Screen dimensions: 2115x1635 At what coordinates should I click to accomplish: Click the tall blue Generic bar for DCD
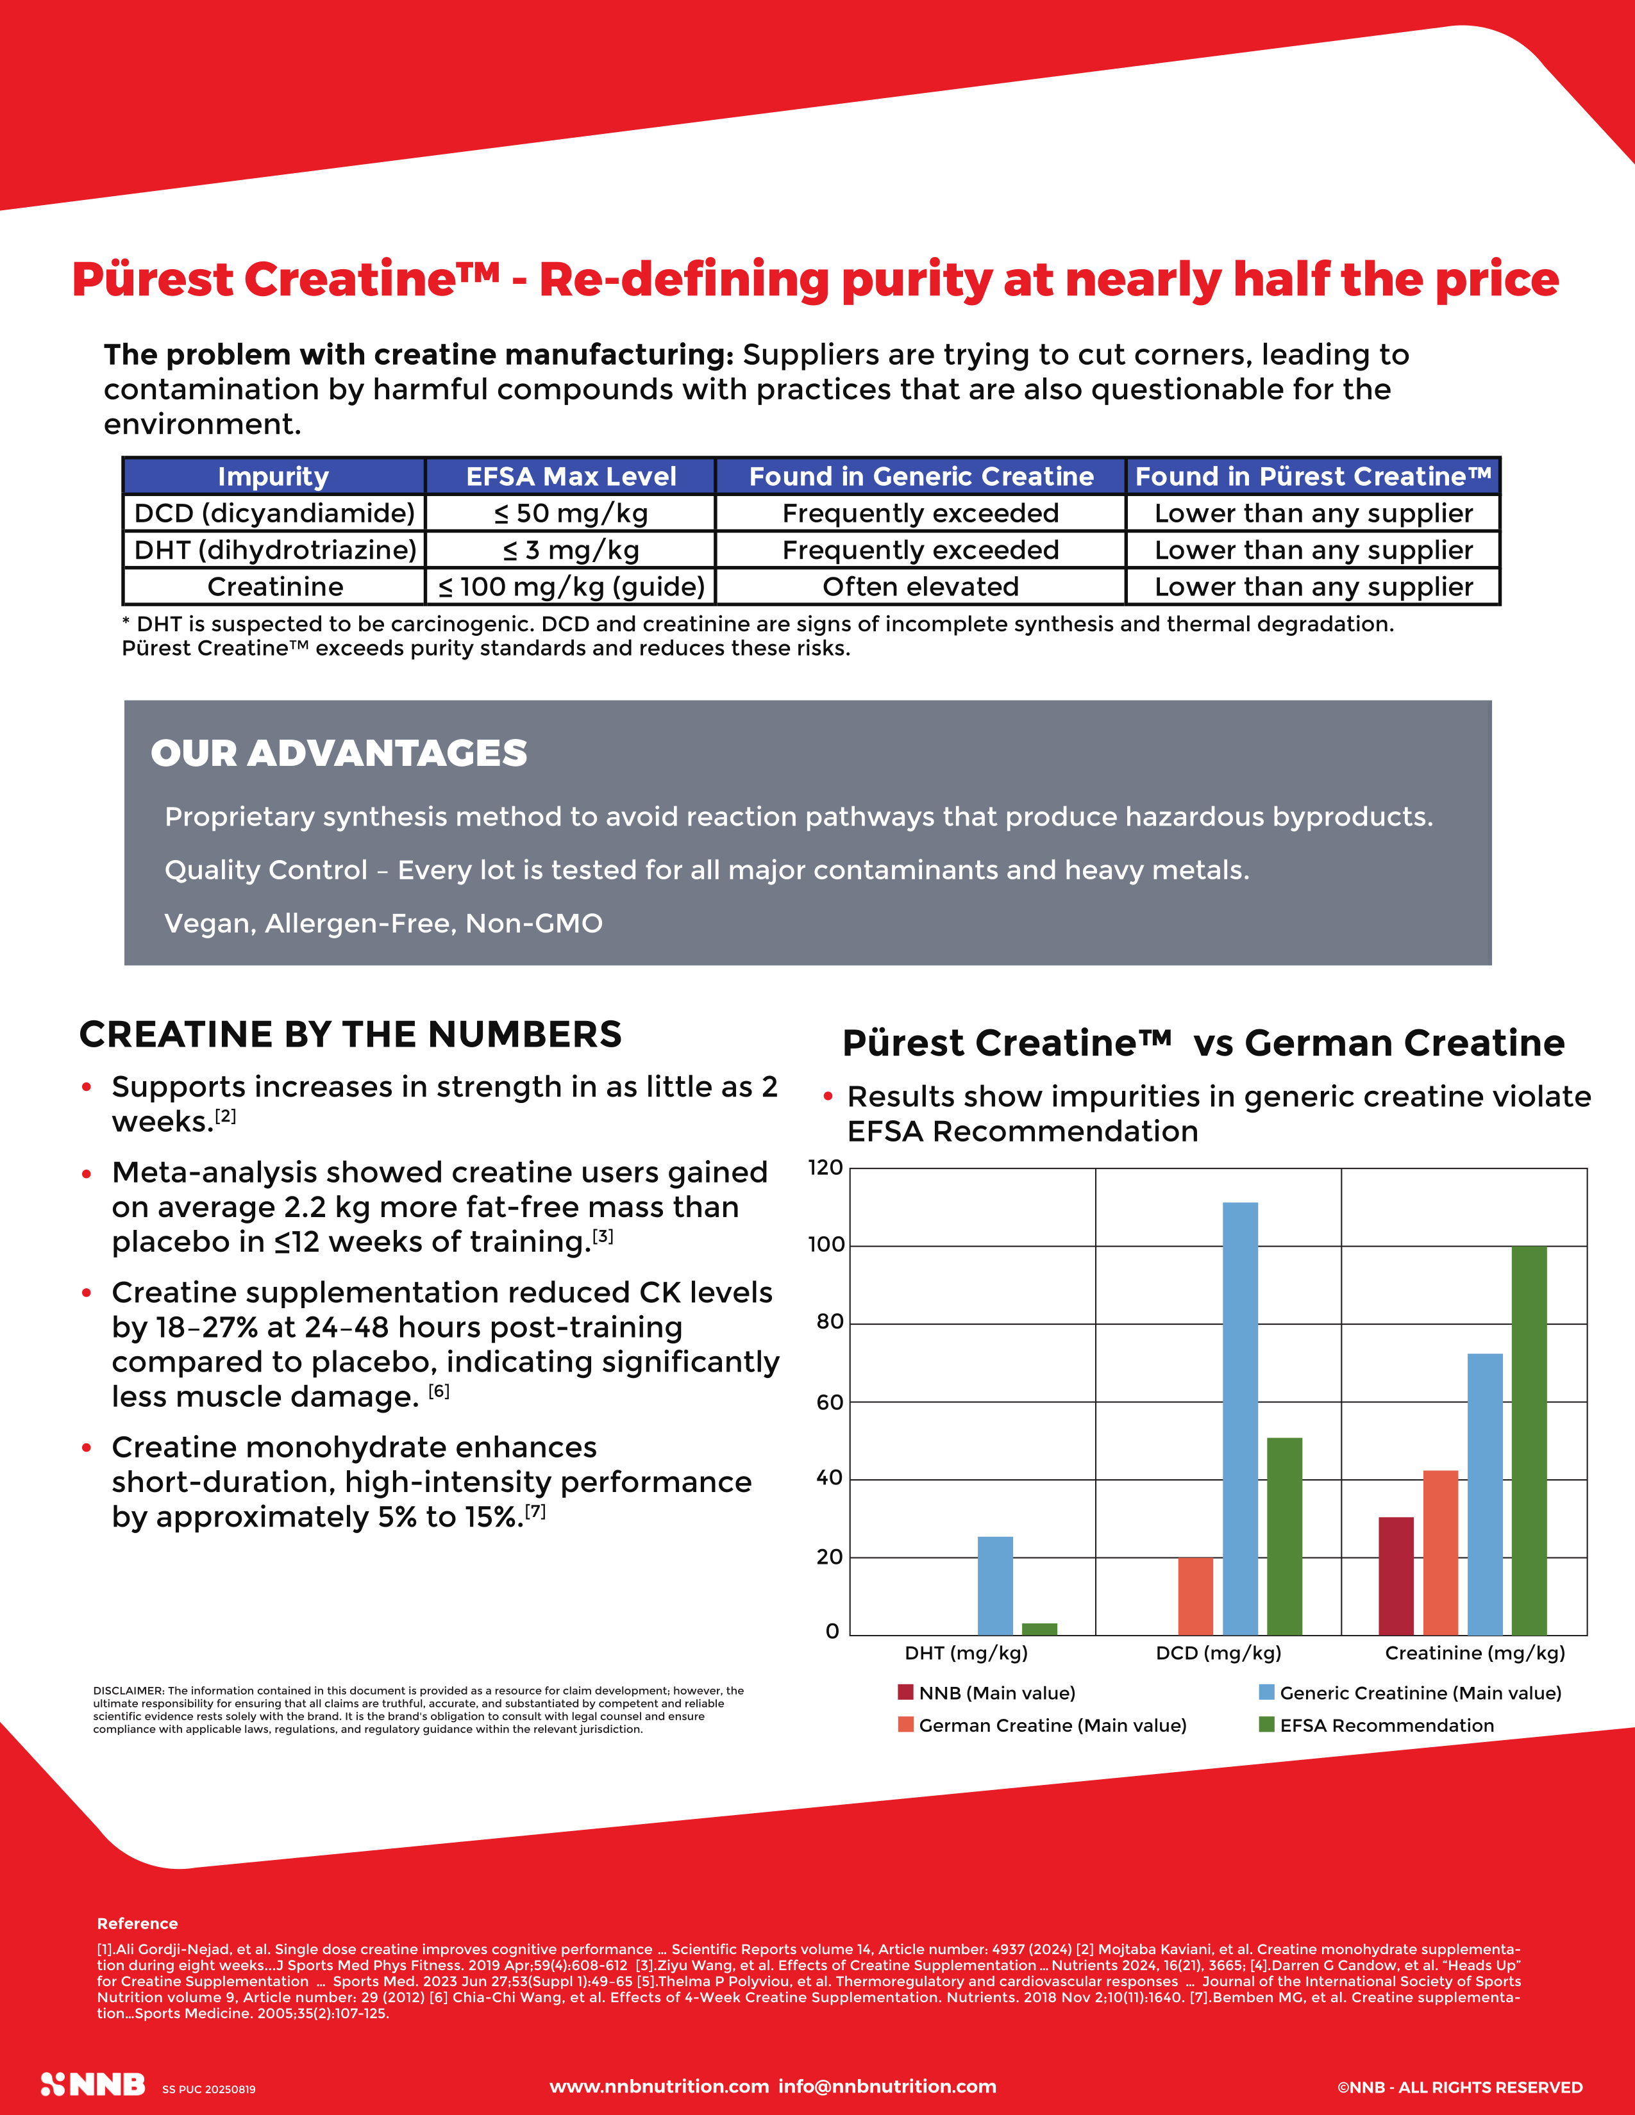(1240, 1419)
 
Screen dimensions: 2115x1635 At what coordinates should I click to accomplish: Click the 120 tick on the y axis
(825, 1168)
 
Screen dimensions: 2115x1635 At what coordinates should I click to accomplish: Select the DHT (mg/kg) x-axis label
(966, 1653)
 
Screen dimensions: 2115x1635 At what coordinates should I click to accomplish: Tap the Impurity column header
(273, 476)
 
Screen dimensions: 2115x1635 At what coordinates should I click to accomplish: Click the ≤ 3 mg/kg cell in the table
(571, 550)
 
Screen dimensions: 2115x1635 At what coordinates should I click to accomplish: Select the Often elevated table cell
(920, 587)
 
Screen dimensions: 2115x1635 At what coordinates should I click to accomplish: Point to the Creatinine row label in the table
(275, 587)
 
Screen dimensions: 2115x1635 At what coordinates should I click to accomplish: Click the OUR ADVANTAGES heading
(339, 754)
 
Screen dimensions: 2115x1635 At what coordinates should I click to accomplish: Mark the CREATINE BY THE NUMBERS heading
(351, 1034)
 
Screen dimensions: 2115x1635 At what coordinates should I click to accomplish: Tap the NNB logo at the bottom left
(93, 2085)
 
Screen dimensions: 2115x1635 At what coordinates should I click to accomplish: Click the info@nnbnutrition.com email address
(887, 2086)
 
